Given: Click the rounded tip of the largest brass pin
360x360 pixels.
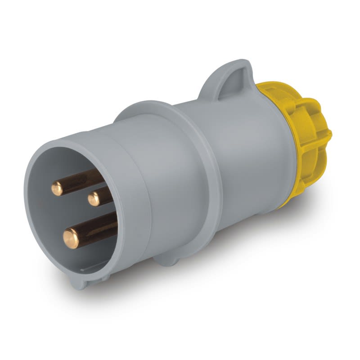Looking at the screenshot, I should pos(71,238).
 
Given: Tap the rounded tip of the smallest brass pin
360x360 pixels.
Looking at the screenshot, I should pos(94,198).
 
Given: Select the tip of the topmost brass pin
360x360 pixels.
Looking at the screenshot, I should pos(58,188).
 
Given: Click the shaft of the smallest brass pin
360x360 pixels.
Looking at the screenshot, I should pos(106,194).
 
